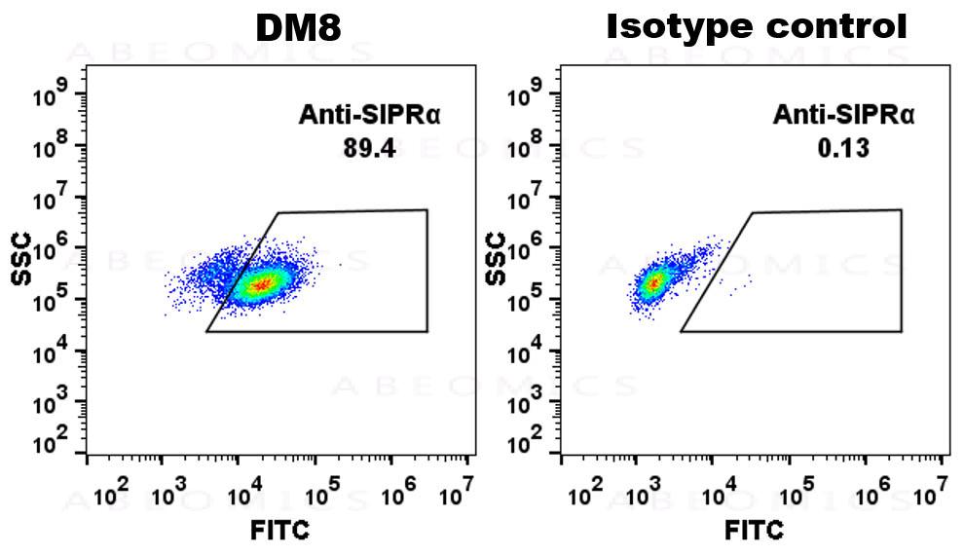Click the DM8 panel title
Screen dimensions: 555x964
click(298, 28)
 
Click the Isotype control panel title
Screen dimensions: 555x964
click(757, 27)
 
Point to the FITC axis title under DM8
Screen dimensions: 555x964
click(281, 531)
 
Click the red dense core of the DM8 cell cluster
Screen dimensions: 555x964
click(261, 284)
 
